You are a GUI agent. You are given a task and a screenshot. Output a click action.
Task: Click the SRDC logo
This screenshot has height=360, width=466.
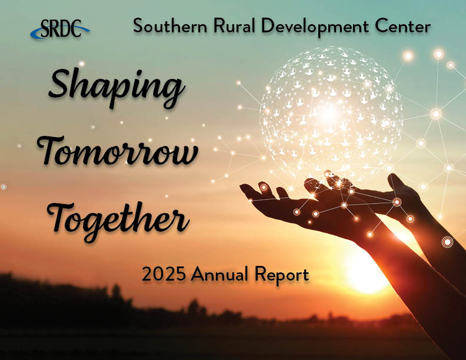(60, 28)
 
